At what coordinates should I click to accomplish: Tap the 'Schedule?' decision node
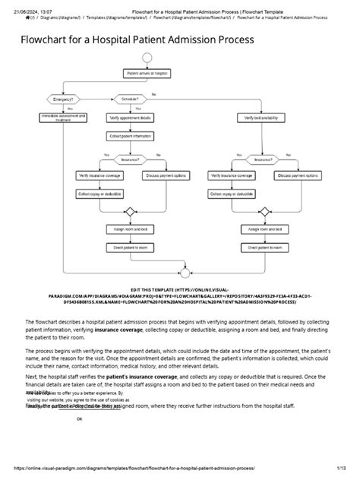[128, 99]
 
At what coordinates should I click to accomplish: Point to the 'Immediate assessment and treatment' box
[64, 118]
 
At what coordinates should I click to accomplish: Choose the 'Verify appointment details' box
[128, 118]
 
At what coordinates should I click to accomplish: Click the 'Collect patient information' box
[128, 137]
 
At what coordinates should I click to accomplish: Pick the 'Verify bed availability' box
[261, 118]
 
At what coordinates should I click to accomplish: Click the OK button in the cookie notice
[80, 418]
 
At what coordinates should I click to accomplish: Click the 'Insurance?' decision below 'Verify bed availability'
[261, 161]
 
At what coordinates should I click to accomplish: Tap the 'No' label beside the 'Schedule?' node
[153, 93]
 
